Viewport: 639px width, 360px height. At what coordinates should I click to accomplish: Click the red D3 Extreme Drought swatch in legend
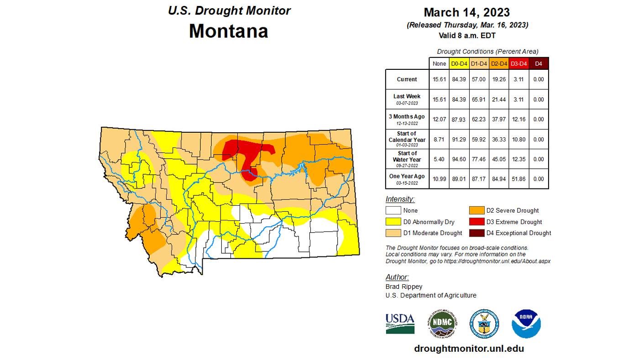(477, 222)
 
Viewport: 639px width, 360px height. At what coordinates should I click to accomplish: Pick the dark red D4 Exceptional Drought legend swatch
(477, 233)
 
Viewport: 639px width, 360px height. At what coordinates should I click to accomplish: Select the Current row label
(407, 79)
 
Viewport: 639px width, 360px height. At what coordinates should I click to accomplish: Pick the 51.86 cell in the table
(519, 179)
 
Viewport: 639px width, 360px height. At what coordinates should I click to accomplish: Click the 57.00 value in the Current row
(478, 79)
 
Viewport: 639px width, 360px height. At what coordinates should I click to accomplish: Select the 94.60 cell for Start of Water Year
(459, 159)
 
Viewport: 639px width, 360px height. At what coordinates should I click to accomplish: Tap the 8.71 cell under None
(439, 139)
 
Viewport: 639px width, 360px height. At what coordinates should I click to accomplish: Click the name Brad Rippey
(404, 287)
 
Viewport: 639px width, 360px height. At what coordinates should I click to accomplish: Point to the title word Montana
(229, 31)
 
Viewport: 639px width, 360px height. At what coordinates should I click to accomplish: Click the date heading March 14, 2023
(466, 12)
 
